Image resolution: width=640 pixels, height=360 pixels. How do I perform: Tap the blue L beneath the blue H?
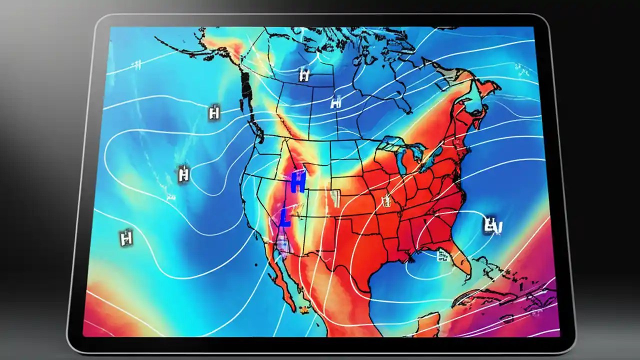285,218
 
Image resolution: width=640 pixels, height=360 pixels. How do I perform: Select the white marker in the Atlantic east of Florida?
492,225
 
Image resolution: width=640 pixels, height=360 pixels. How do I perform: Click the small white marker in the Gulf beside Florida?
442,255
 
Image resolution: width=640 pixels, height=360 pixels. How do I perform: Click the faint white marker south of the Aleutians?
136,64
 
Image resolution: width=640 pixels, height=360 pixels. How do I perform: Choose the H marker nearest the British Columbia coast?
214,112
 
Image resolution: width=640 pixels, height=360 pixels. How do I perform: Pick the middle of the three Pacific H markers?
184,174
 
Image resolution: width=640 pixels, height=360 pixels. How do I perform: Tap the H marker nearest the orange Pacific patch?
126,237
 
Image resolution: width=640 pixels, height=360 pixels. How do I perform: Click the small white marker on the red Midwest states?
386,201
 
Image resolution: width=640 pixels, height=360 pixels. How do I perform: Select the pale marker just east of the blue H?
335,198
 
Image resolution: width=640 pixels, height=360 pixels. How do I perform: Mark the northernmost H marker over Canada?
303,75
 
